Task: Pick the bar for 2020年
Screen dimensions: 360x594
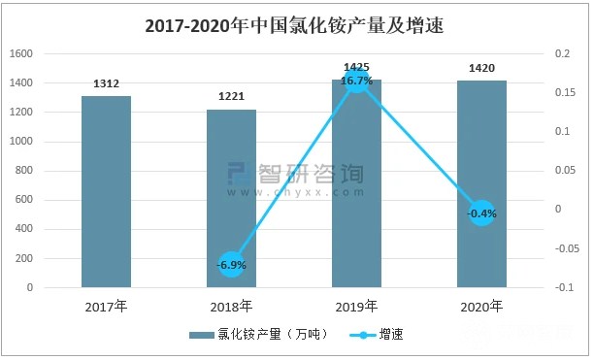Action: tap(481, 183)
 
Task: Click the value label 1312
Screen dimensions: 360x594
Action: tap(106, 84)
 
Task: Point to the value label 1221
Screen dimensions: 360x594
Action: tap(231, 98)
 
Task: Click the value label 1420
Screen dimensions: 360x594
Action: tap(481, 70)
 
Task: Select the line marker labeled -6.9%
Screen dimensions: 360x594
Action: tap(231, 264)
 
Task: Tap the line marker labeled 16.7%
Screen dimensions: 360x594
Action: tap(356, 81)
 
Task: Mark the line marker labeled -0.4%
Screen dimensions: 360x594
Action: tap(481, 213)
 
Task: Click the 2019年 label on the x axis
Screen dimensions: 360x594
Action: tap(356, 308)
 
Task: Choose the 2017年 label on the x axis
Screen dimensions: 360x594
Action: tap(106, 308)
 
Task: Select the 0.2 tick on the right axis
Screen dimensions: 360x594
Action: tap(559, 54)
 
